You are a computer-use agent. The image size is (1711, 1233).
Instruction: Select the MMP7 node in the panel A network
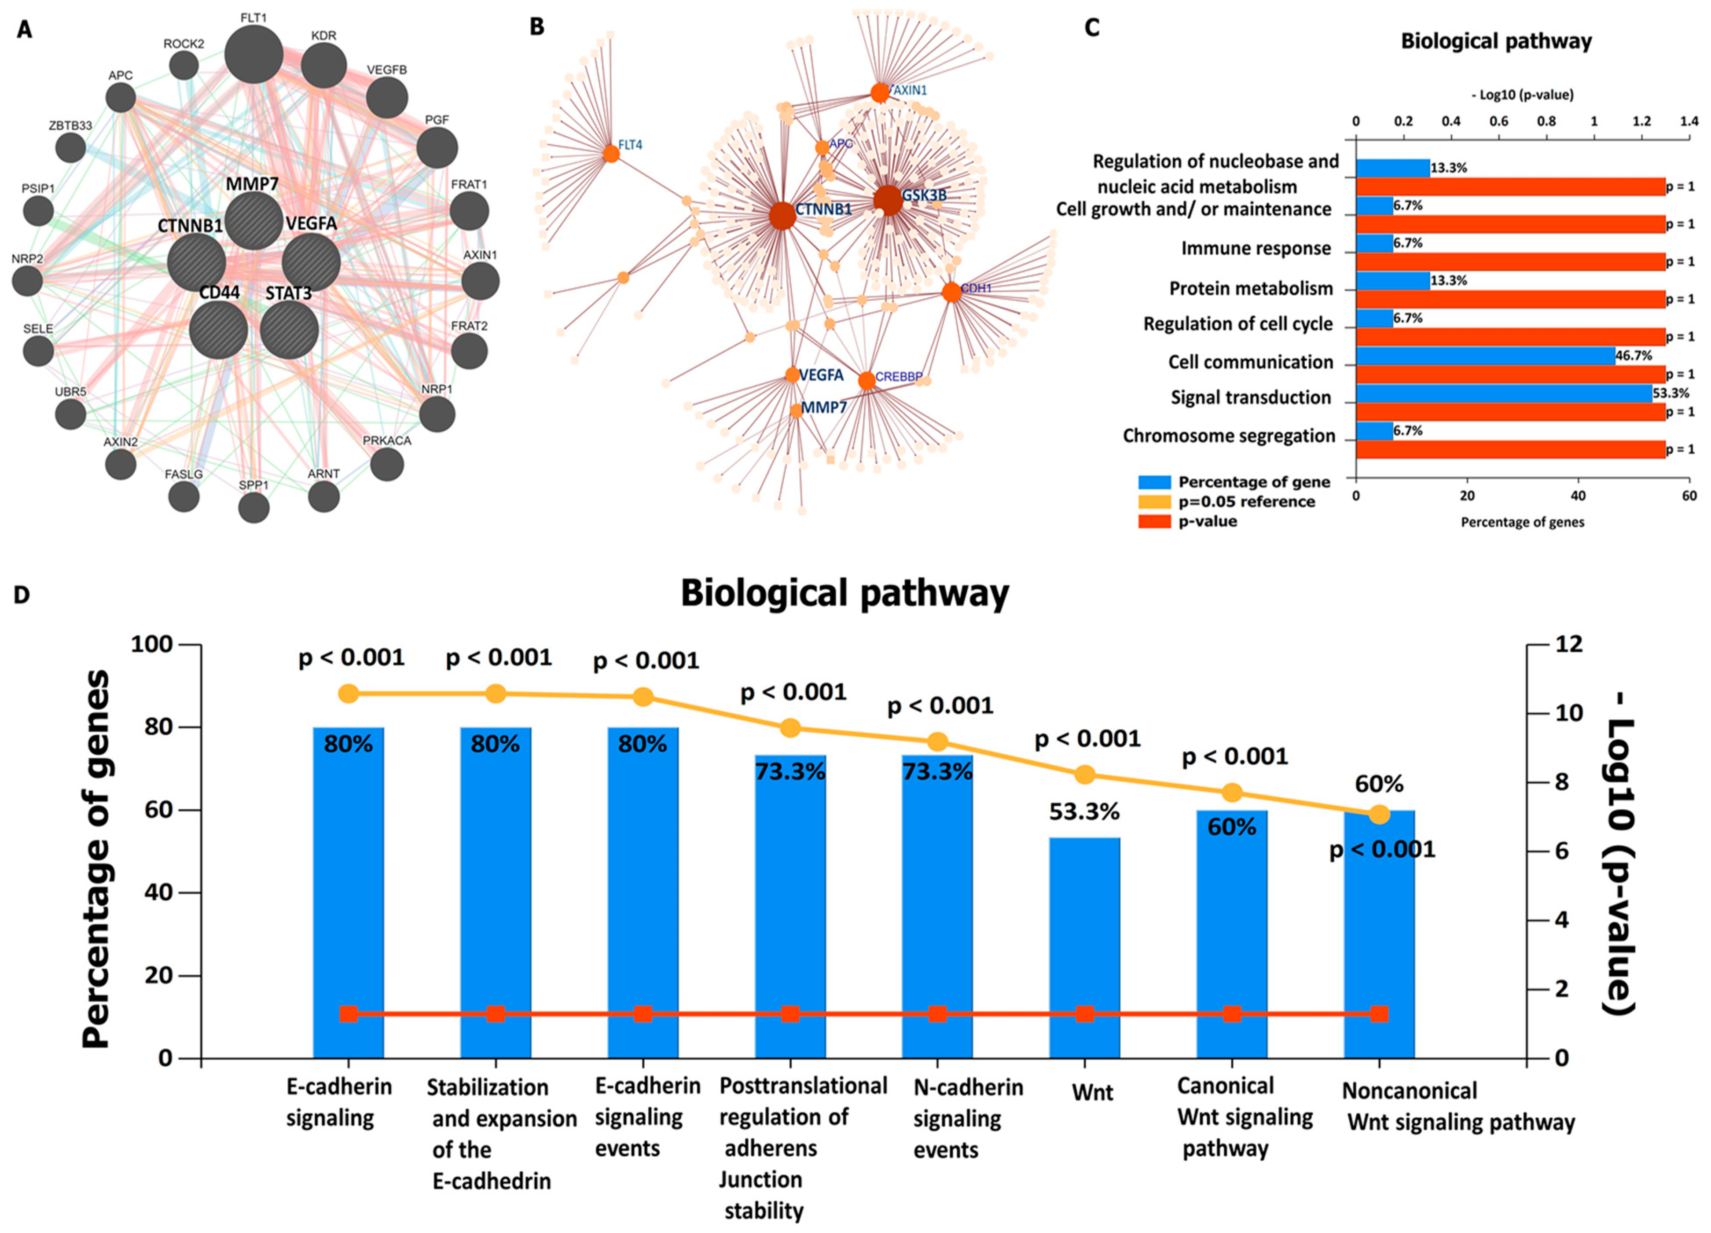click(x=253, y=220)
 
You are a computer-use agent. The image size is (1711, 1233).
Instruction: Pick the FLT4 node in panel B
click(x=611, y=154)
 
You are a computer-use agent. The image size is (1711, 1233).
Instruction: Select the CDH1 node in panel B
click(x=951, y=292)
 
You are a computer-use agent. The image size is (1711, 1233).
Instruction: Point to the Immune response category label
click(x=1256, y=248)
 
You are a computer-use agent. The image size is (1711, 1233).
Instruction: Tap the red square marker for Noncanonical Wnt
click(x=1379, y=1013)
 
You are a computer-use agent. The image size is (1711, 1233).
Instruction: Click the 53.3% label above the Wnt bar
click(x=1084, y=812)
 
